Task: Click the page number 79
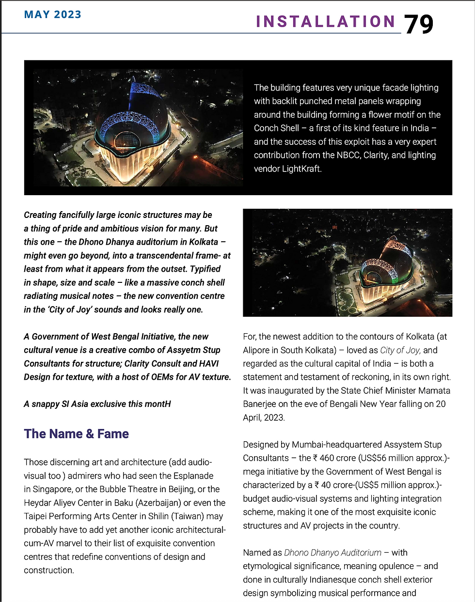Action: [x=418, y=24]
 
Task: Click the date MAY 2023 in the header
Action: [x=52, y=14]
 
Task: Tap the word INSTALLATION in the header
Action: [x=326, y=22]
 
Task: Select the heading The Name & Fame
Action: [x=76, y=433]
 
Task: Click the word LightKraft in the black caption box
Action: [x=301, y=169]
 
